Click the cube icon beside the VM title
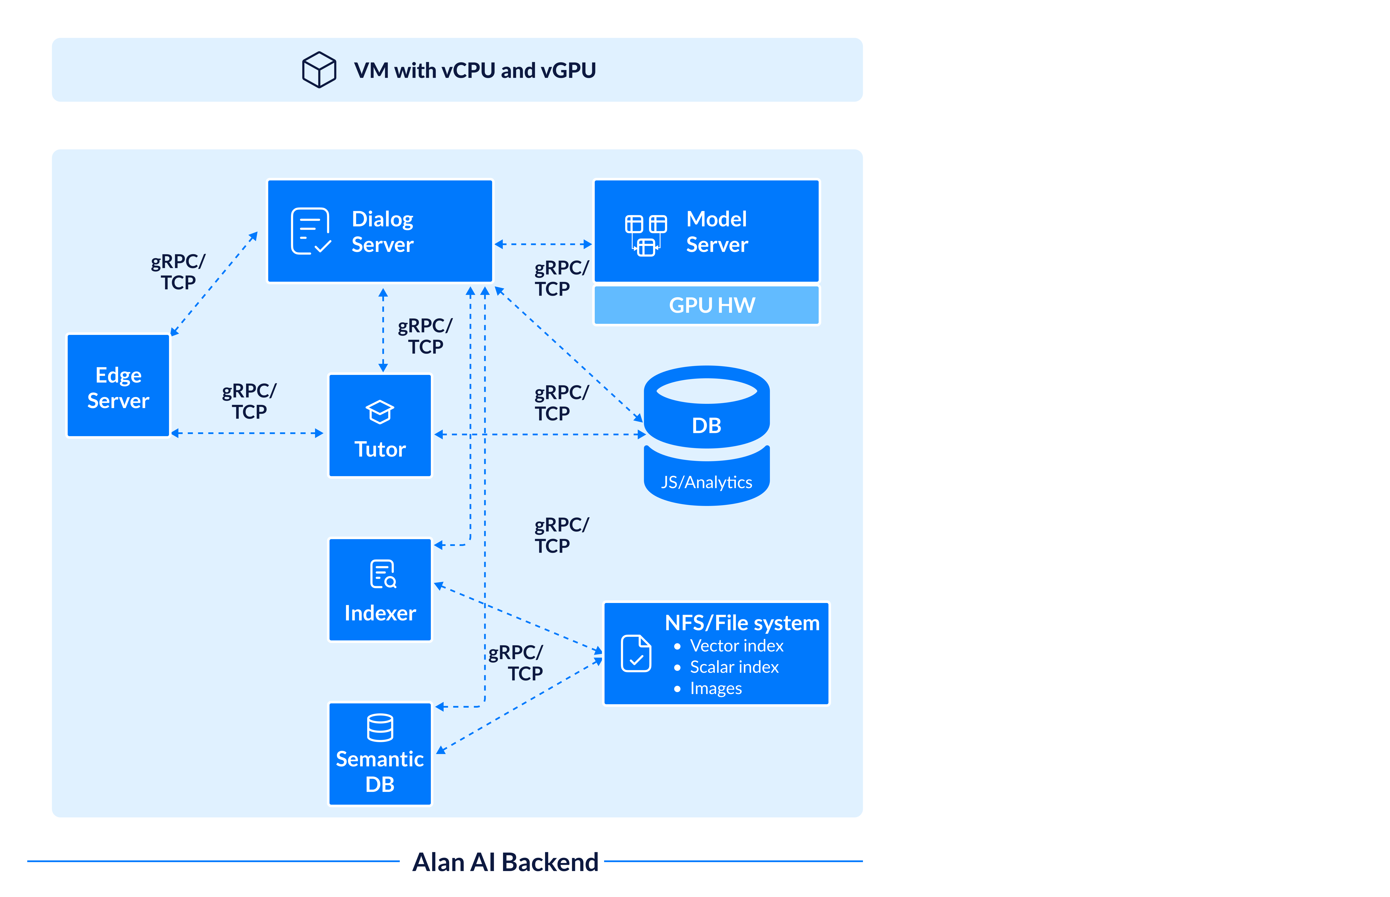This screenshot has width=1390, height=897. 319,70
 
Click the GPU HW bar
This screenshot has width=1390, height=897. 706,305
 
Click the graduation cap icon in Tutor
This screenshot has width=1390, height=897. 380,412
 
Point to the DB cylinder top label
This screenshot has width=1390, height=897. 706,426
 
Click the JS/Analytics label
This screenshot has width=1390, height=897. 706,482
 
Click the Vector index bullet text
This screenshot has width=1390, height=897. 736,646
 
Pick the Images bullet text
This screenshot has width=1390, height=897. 715,688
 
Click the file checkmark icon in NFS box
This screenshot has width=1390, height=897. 636,654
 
